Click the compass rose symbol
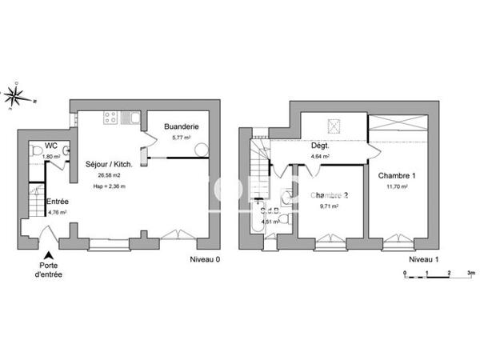(x=15, y=96)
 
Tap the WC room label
(x=50, y=146)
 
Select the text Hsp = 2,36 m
(x=109, y=186)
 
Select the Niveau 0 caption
(x=205, y=260)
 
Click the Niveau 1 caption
(x=424, y=260)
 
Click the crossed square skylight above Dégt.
(x=334, y=126)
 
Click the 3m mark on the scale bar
(x=471, y=274)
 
